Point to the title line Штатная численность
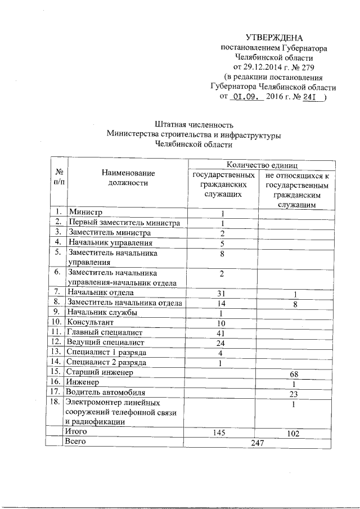coord(193,124)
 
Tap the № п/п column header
coord(58,177)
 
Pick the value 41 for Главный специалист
coord(222,332)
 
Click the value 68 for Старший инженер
coord(294,373)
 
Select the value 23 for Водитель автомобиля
coord(294,393)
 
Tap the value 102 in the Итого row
coord(294,434)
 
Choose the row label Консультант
coord(90,322)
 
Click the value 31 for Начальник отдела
coord(222,292)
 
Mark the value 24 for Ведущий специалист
coord(222,343)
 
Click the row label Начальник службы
coord(101,312)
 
